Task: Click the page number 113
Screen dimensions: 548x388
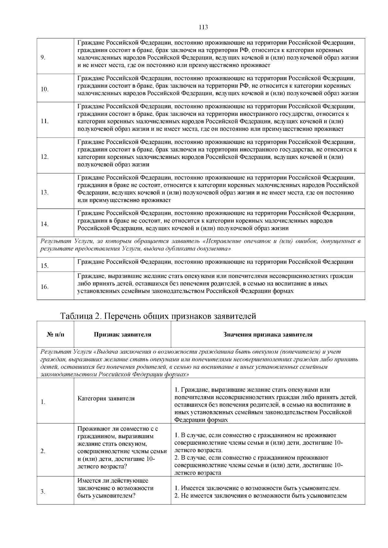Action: pyautogui.click(x=203, y=27)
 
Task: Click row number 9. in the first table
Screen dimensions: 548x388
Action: pyautogui.click(x=43, y=58)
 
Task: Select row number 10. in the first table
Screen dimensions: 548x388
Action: pyautogui.click(x=44, y=89)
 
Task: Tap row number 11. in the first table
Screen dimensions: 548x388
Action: pyautogui.click(x=44, y=121)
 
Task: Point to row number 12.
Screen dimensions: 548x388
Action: pyautogui.click(x=44, y=157)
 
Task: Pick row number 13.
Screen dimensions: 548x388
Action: pyautogui.click(x=44, y=192)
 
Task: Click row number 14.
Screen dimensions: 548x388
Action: pyautogui.click(x=44, y=224)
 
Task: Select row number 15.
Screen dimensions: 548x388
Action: pyautogui.click(x=44, y=266)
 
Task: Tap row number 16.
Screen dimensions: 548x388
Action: pyautogui.click(x=44, y=287)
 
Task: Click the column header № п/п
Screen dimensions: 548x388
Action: pyautogui.click(x=55, y=335)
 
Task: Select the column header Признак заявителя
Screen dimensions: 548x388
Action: pyautogui.click(x=122, y=335)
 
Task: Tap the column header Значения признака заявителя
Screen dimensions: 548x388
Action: pyautogui.click(x=268, y=335)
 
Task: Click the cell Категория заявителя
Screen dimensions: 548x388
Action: pyautogui.click(x=106, y=398)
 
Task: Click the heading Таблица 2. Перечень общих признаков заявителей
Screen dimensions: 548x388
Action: pyautogui.click(x=158, y=316)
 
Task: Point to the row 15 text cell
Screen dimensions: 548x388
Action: pyautogui.click(x=215, y=262)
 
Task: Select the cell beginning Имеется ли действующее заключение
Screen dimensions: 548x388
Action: pyautogui.click(x=115, y=488)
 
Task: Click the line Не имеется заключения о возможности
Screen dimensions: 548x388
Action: pyautogui.click(x=261, y=496)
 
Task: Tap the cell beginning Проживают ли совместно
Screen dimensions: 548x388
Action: pyautogui.click(x=122, y=448)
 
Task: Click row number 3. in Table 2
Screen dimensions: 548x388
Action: pyautogui.click(x=43, y=492)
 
